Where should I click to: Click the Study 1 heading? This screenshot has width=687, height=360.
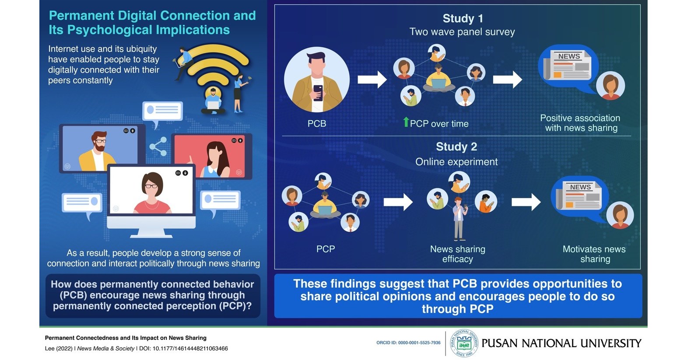[x=463, y=18]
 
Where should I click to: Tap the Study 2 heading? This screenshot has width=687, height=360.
[x=456, y=147]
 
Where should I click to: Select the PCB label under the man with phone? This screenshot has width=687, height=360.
[x=316, y=124]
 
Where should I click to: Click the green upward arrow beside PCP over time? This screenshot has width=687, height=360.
[x=406, y=122]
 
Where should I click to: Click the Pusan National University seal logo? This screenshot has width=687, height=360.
[x=464, y=343]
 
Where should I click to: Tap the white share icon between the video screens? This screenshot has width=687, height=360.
[x=158, y=147]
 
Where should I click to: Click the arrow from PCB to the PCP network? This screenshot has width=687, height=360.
[x=372, y=80]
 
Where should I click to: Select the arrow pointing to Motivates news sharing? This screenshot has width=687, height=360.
[x=526, y=202]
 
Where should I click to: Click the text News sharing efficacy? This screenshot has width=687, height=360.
[x=457, y=254]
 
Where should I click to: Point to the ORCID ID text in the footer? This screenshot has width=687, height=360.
[x=408, y=343]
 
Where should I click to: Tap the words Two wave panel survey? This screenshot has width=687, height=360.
[x=462, y=32]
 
